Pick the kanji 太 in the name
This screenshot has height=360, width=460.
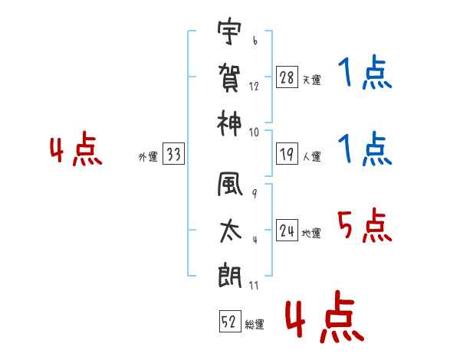pos(230,231)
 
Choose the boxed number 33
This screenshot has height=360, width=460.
pos(173,155)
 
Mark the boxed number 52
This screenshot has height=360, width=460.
pos(228,323)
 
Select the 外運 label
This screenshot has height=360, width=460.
pos(148,157)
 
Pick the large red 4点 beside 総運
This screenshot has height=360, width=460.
pos(323,319)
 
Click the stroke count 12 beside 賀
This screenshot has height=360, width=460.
pos(254,87)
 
